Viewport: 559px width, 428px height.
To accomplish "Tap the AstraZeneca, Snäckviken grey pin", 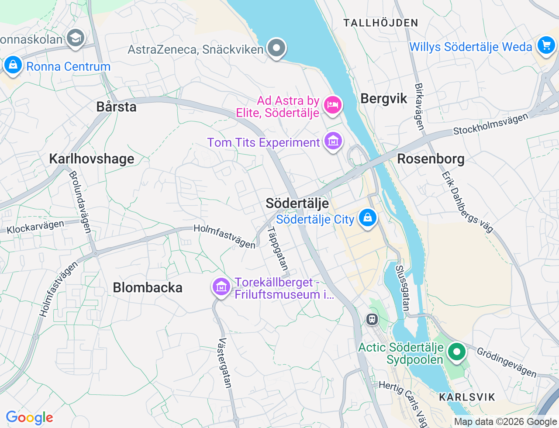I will coord(276,48).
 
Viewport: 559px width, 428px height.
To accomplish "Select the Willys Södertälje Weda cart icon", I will coord(545,45).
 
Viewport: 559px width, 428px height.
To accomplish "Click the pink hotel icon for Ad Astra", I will coord(333,105).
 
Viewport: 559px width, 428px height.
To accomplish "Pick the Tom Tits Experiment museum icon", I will coord(333,142).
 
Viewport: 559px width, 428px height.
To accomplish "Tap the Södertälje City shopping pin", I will coord(367,217).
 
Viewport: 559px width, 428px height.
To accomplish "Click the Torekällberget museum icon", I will coord(221,287).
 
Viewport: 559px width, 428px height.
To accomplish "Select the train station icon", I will coord(372,319).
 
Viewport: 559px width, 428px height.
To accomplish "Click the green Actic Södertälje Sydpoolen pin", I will coord(456,352).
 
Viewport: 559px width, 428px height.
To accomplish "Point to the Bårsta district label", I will coord(116,107).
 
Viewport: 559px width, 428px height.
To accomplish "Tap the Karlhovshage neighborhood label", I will coord(92,159).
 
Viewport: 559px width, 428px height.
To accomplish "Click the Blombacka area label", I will coord(148,287).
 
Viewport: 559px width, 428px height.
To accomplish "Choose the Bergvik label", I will coord(384,99).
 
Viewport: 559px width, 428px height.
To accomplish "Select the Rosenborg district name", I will coord(431,159).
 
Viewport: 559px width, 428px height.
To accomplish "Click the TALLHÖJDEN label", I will coord(381,23).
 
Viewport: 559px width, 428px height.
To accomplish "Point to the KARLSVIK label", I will coord(467,397).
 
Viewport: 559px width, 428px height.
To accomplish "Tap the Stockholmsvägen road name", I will coord(490,124).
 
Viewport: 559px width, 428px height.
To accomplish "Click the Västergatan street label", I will coord(225,363).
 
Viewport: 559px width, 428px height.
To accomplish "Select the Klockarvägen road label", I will coord(35,227).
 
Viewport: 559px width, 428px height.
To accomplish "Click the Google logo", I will coord(29,418).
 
